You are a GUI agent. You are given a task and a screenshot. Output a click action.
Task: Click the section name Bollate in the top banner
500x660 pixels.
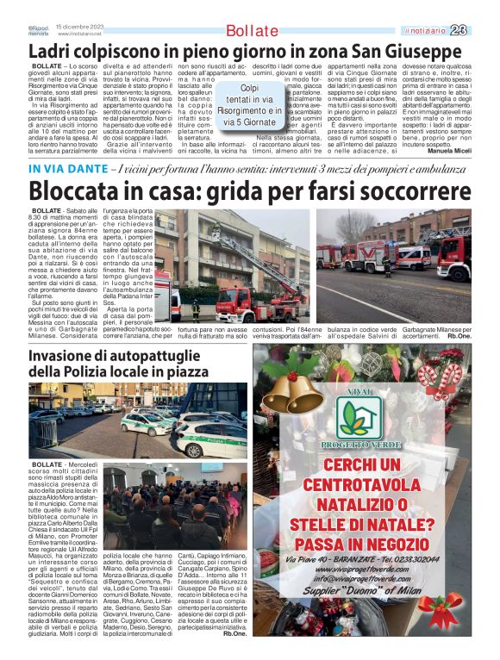[x=252, y=31]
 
